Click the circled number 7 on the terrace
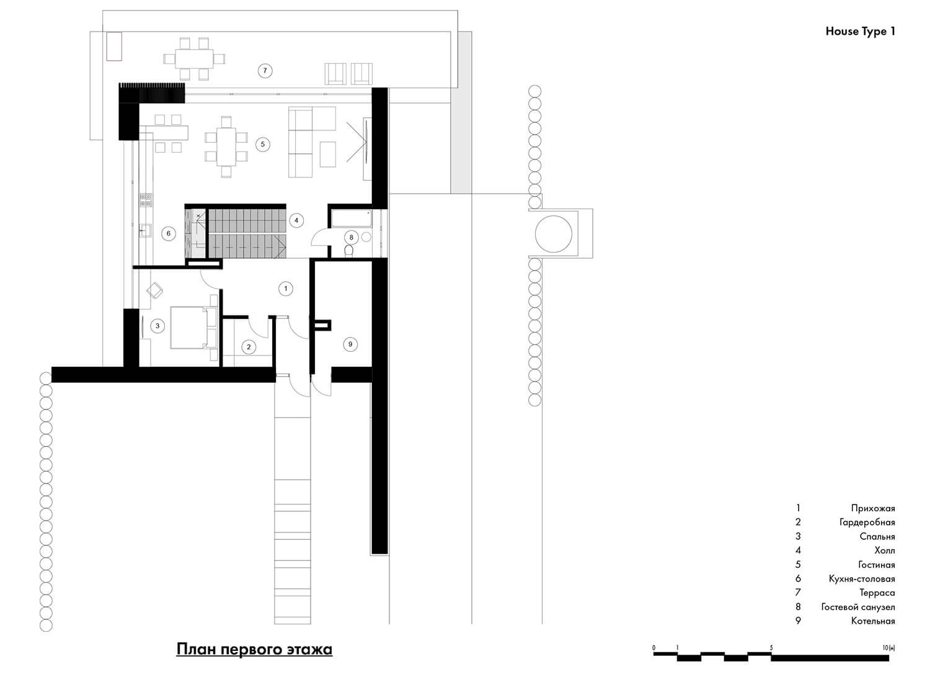(x=265, y=71)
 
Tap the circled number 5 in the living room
(x=262, y=145)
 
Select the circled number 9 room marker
(x=350, y=344)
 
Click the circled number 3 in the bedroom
(x=157, y=326)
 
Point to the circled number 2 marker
(x=249, y=347)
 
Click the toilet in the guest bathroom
(x=349, y=250)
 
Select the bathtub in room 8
(x=352, y=218)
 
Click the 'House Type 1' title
(x=861, y=32)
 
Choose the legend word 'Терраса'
(x=877, y=593)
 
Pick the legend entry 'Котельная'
(x=873, y=621)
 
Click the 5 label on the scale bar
(x=771, y=648)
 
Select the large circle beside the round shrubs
(x=554, y=234)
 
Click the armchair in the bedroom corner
(x=155, y=290)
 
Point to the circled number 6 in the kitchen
(x=168, y=233)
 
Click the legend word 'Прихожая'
(x=873, y=508)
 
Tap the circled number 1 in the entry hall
(x=286, y=289)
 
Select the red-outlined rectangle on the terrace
(x=113, y=47)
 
